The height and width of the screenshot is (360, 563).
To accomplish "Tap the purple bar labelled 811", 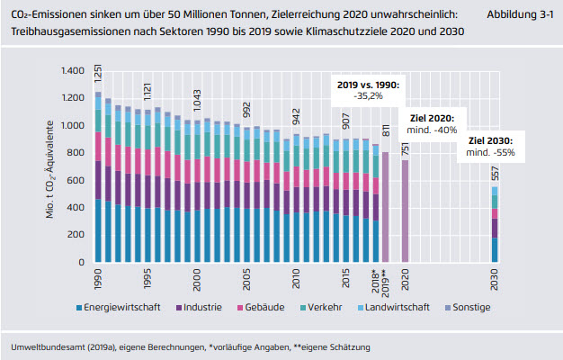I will pyautogui.click(x=386, y=207).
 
